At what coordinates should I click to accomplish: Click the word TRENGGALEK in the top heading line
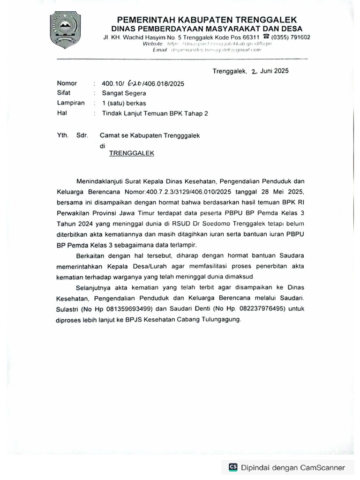coord(266,20)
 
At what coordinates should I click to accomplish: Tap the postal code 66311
coord(249,37)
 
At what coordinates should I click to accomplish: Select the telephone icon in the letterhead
coord(266,37)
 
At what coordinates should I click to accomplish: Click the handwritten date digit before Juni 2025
coord(255,72)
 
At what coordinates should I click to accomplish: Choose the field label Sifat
coord(64,93)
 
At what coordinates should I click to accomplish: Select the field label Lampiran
coord(70,103)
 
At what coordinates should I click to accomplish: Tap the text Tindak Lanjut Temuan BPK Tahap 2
coord(151,113)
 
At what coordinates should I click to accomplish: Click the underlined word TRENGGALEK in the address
coord(132,153)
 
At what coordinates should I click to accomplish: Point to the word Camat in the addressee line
coord(109,135)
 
